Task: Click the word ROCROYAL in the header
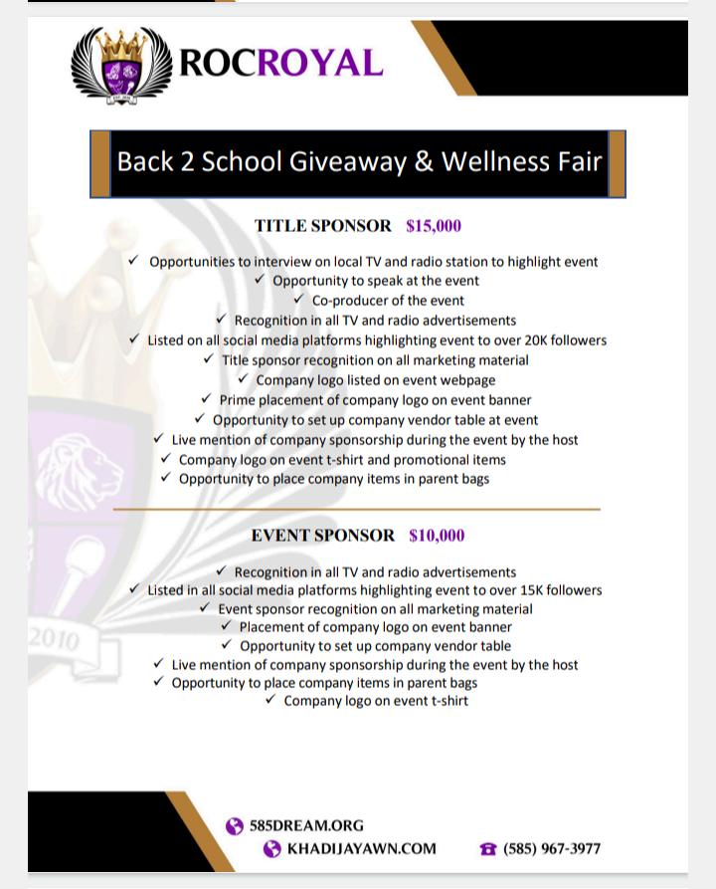click(x=280, y=62)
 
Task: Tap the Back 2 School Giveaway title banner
click(x=358, y=161)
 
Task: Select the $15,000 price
click(x=434, y=226)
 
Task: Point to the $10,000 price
click(x=437, y=536)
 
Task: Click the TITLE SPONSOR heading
click(x=323, y=226)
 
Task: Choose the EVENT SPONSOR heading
click(x=323, y=536)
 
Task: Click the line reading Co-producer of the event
click(x=388, y=301)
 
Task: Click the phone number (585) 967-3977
click(x=552, y=849)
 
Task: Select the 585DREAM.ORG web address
click(x=306, y=825)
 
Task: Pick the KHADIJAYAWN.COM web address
click(x=361, y=849)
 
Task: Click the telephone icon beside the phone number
click(x=487, y=849)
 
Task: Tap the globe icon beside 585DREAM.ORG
click(x=235, y=826)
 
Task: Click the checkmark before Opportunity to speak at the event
click(x=260, y=280)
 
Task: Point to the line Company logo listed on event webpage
click(x=375, y=380)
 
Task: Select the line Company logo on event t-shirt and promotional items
click(x=342, y=460)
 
